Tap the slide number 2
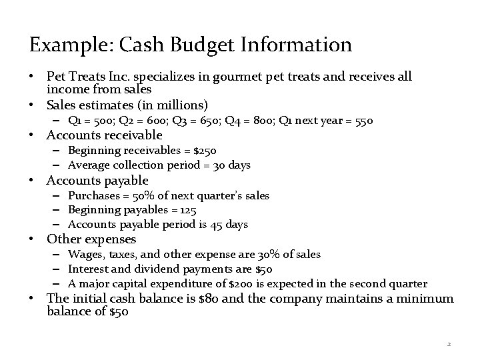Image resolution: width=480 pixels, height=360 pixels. (449, 344)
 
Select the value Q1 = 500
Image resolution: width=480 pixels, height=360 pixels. (89, 121)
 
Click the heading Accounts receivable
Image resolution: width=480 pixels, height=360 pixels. (104, 135)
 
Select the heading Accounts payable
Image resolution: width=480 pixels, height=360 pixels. (97, 181)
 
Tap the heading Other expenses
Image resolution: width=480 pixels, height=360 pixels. (91, 239)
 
